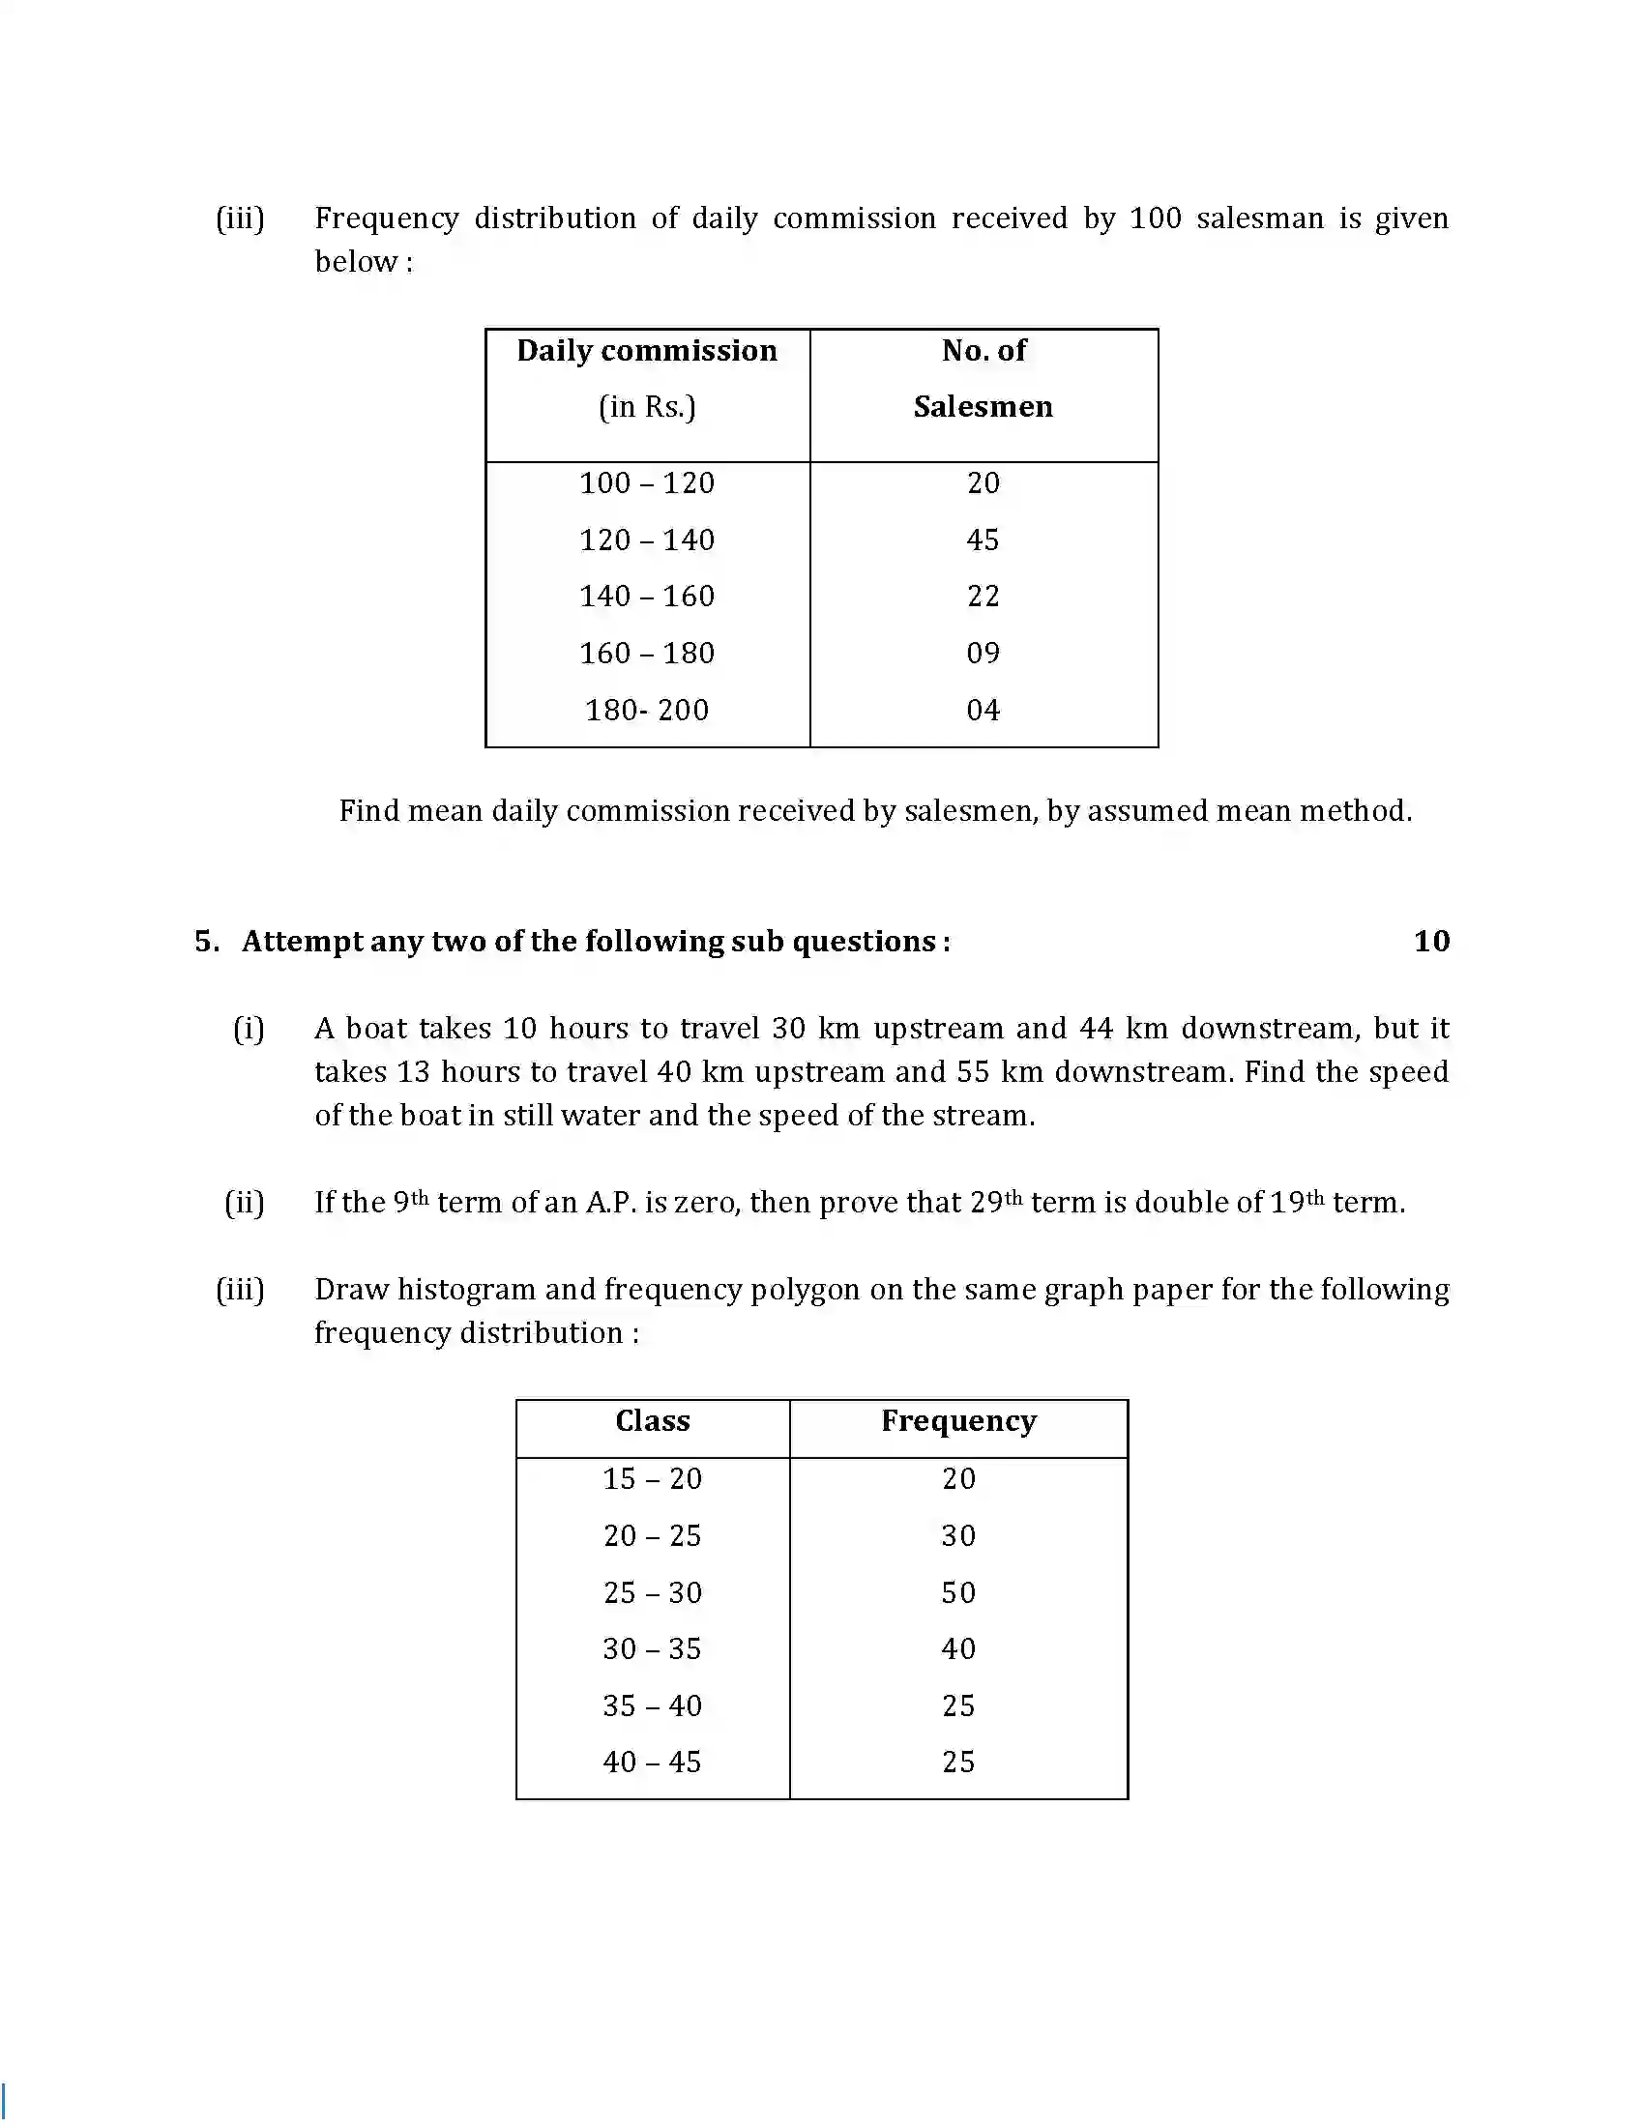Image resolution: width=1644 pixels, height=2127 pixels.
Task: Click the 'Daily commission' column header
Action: tap(647, 351)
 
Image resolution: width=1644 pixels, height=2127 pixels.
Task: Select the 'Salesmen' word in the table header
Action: tap(983, 407)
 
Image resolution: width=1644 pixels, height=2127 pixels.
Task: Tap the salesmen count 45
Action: tap(983, 539)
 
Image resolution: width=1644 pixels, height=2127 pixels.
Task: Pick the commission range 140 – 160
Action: tap(647, 596)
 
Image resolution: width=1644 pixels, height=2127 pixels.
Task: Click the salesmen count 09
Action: tap(983, 653)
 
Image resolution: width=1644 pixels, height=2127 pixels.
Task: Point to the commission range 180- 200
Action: tap(647, 710)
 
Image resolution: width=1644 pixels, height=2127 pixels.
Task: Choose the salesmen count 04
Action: tap(983, 710)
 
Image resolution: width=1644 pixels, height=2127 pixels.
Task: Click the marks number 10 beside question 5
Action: tap(1430, 941)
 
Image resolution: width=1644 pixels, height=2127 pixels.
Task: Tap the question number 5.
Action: tap(204, 941)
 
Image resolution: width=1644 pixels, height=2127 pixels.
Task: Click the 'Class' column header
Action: tap(653, 1421)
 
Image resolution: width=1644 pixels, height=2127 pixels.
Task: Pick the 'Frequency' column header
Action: tap(958, 1421)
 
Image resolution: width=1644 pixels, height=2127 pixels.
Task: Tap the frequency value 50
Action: tap(958, 1592)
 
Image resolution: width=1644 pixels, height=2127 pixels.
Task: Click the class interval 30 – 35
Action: tap(652, 1648)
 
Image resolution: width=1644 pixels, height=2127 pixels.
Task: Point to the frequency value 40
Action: tap(958, 1648)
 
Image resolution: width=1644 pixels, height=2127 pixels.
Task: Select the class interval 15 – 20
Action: tap(652, 1478)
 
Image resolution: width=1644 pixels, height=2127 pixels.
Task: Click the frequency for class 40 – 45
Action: tap(958, 1762)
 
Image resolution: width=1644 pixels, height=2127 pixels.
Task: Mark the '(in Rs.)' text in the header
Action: tap(647, 407)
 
